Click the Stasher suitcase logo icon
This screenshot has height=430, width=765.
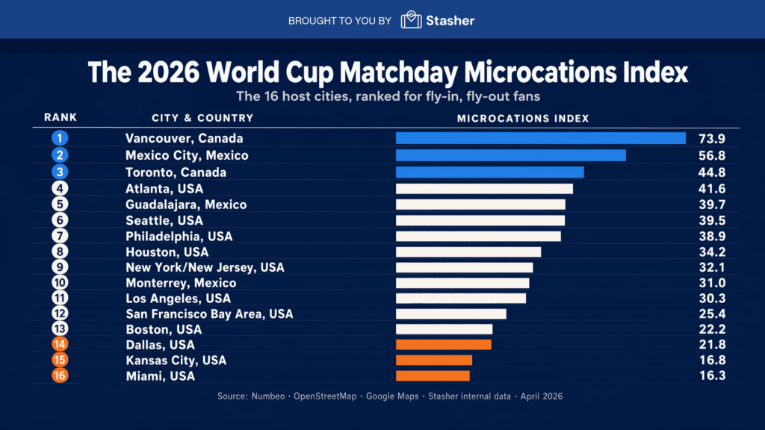pos(412,20)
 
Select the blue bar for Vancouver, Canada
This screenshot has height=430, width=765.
pos(540,138)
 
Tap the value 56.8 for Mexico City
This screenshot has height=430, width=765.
pos(711,155)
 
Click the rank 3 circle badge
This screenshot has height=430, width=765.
pos(61,172)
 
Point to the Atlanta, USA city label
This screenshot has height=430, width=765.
pos(162,188)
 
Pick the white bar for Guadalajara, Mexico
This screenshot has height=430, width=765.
pos(480,205)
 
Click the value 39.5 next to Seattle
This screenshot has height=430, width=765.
pos(711,220)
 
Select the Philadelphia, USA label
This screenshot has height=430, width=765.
pos(179,236)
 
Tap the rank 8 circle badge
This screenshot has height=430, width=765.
pos(61,252)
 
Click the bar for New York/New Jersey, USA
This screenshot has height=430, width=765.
pos(464,267)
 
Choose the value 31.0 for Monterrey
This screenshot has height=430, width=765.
pos(711,283)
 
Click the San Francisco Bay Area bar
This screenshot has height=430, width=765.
pos(450,314)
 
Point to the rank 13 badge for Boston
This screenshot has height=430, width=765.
pos(61,329)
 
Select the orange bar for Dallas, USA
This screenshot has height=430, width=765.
pos(443,345)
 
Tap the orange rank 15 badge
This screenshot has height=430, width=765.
pos(61,360)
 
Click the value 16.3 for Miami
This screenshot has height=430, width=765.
pos(711,376)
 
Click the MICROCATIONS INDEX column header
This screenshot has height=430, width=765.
pos(523,118)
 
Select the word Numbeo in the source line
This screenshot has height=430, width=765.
pos(268,396)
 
